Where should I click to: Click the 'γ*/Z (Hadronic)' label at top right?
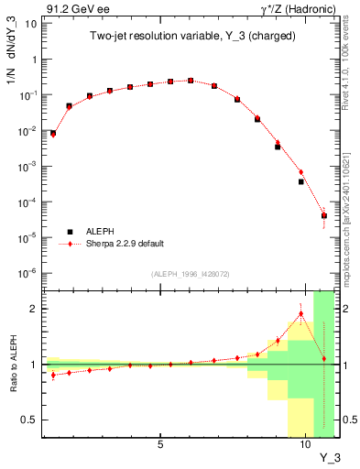[296, 8]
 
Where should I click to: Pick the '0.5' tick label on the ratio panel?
[30, 420]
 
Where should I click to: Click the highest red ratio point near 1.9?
[300, 314]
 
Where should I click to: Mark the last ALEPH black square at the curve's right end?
[324, 216]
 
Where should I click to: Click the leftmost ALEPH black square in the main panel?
[53, 134]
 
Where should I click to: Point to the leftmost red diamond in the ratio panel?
[53, 375]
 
